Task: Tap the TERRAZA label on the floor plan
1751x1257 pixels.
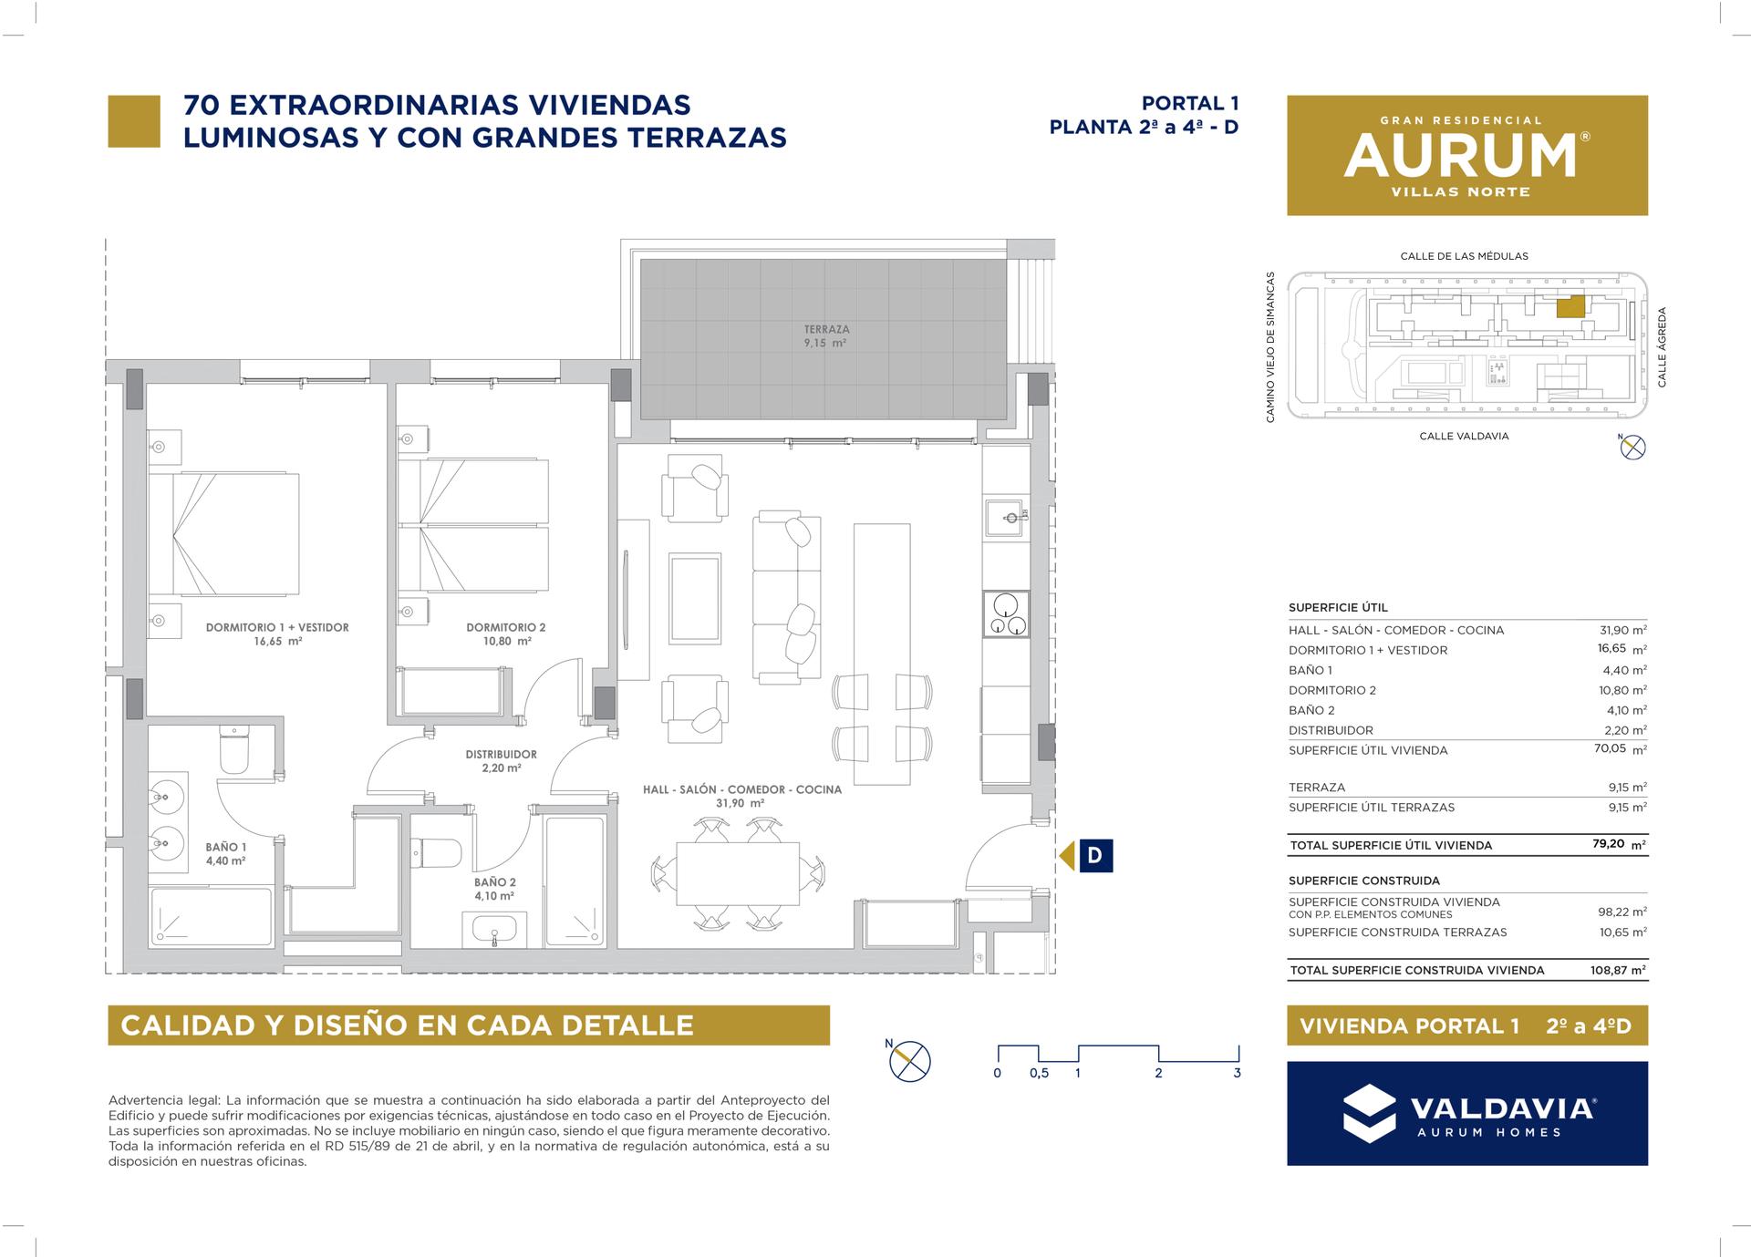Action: coord(826,329)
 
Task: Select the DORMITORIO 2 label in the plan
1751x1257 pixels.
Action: coord(505,627)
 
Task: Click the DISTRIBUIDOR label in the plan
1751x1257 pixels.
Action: coord(501,754)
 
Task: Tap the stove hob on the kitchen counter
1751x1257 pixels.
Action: coord(1007,613)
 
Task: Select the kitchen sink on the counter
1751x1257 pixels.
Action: coord(1007,517)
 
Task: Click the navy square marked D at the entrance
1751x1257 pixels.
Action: coord(1095,856)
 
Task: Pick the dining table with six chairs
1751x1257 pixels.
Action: coord(737,872)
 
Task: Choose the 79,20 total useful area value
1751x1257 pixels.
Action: coord(1608,844)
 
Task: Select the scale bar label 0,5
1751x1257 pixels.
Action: coord(1039,1073)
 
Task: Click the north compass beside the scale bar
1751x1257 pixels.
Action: coord(909,1060)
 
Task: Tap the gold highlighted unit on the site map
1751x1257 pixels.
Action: coord(1570,307)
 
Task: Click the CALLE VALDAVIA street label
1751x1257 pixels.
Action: coord(1464,437)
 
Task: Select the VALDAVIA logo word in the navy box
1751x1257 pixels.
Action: coord(1502,1108)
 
